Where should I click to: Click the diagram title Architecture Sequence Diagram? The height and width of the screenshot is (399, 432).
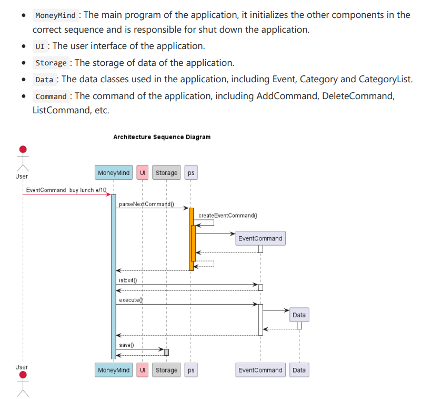point(162,137)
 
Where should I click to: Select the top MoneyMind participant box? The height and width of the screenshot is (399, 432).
point(114,173)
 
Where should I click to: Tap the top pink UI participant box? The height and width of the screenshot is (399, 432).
point(142,173)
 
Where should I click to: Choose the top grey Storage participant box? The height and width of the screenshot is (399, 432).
point(166,173)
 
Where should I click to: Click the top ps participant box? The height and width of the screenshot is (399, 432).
point(191,173)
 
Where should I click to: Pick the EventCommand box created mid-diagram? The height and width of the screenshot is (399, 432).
point(260,238)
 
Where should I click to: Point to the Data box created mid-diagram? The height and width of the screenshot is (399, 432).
point(299,315)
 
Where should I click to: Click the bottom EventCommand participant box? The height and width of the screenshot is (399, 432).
point(260,370)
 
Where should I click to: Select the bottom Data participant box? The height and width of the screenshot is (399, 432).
point(299,370)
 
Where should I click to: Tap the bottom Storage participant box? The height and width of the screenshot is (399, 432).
point(166,370)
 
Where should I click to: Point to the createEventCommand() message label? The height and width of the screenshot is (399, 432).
point(228,216)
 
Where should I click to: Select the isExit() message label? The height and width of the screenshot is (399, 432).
point(128,280)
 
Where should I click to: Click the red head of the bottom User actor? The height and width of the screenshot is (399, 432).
point(23,375)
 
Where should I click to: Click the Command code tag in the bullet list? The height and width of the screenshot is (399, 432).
point(51,96)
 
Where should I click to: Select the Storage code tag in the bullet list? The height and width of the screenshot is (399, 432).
point(51,63)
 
